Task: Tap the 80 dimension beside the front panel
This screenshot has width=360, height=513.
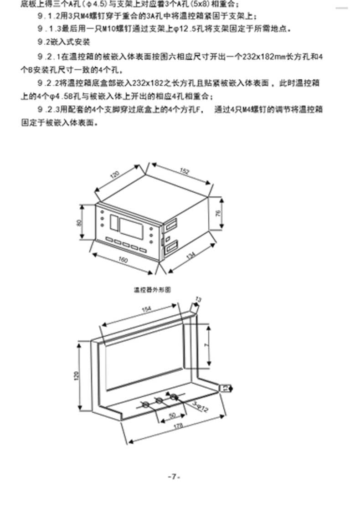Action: (79, 223)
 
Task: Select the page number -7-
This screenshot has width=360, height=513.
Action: (174, 477)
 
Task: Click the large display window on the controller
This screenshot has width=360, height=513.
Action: (131, 226)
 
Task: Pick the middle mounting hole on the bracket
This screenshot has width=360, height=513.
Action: (159, 400)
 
